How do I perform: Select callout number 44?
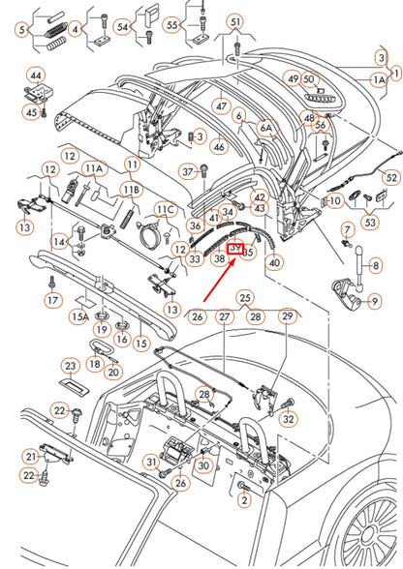click(36, 75)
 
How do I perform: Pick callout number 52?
click(389, 177)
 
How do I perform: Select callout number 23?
click(71, 366)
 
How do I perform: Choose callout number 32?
click(288, 418)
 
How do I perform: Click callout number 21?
click(32, 456)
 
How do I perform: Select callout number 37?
click(188, 171)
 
